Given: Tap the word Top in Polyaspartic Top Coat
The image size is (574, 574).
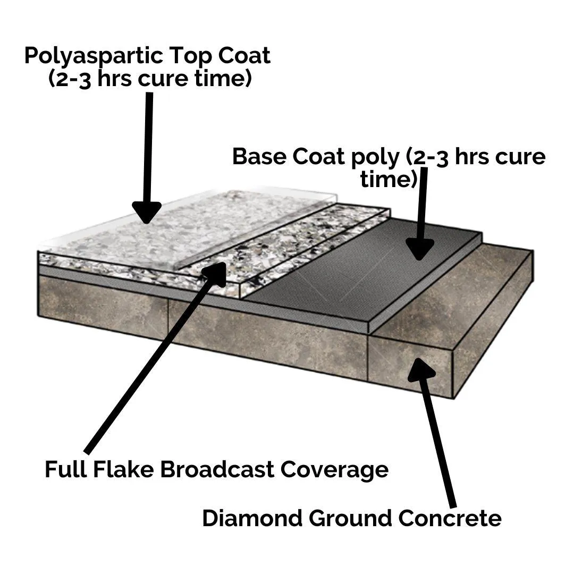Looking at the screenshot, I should coord(188,56).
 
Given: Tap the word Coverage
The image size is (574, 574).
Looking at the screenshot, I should coord(335,469).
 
